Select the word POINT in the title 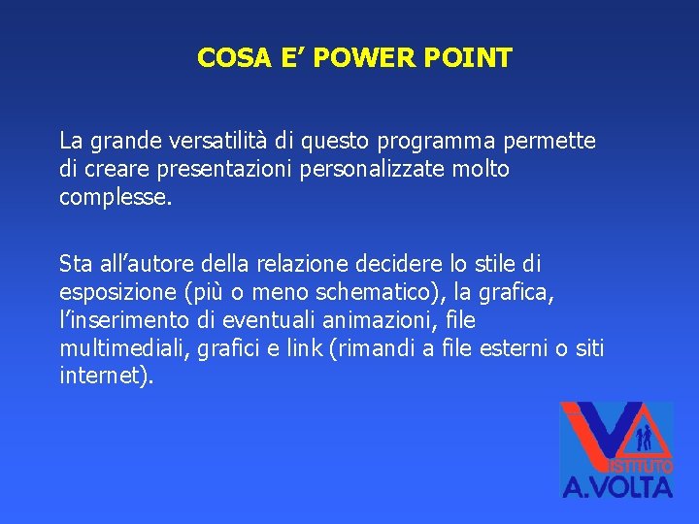pyautogui.click(x=472, y=58)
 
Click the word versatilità pyautogui.click(x=250, y=142)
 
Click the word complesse pyautogui.click(x=115, y=198)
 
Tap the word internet pyautogui.click(x=103, y=377)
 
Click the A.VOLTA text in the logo pyautogui.click(x=617, y=484)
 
